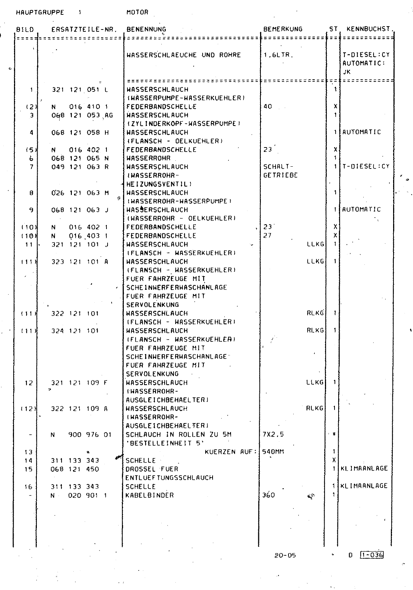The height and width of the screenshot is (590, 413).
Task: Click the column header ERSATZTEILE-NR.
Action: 84,29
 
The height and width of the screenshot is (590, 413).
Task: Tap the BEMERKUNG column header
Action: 283,29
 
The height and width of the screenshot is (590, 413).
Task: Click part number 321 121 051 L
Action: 80,89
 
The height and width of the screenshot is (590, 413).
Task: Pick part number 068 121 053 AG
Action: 82,115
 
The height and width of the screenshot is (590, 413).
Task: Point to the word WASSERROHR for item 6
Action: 148,158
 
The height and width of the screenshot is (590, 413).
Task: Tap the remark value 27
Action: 267,235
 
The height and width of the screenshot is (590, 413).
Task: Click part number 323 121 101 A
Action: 80,261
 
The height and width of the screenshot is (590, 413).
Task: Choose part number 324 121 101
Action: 75,331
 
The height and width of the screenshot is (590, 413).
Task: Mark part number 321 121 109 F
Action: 80,383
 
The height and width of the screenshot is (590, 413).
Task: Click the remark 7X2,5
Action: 273,434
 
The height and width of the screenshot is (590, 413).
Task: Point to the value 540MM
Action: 273,451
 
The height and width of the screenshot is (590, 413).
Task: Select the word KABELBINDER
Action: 150,495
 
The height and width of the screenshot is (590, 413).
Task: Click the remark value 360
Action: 269,495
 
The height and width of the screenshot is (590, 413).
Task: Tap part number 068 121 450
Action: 75,469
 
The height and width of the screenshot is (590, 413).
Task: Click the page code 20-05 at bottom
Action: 285,555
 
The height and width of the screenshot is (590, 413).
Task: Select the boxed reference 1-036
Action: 372,555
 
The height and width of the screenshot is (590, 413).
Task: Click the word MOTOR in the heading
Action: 137,12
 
